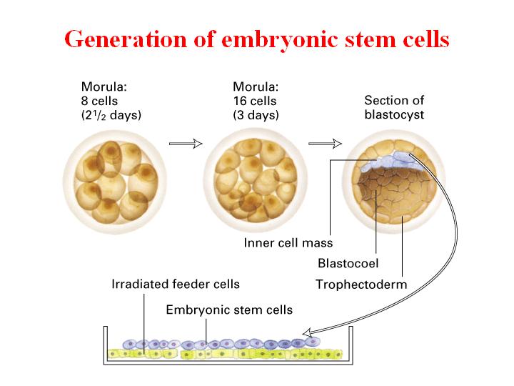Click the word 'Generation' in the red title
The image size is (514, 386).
[126, 39]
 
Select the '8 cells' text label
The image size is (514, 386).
[99, 101]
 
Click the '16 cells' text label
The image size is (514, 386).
[255, 101]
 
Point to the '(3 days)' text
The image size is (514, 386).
[256, 115]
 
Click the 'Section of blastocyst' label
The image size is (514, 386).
[394, 107]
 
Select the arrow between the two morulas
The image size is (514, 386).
[186, 144]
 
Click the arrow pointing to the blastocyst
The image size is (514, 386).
[325, 144]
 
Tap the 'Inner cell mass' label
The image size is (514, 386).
[288, 243]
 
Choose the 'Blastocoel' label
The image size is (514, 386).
[348, 263]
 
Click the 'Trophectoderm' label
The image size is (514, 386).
[361, 284]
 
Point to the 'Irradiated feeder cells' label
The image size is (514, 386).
[176, 284]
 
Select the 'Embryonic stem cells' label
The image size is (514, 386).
[229, 310]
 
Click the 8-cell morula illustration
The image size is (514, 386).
[115, 182]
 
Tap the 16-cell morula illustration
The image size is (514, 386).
[256, 181]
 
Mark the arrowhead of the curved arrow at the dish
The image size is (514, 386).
[307, 333]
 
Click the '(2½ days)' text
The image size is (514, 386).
[111, 115]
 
